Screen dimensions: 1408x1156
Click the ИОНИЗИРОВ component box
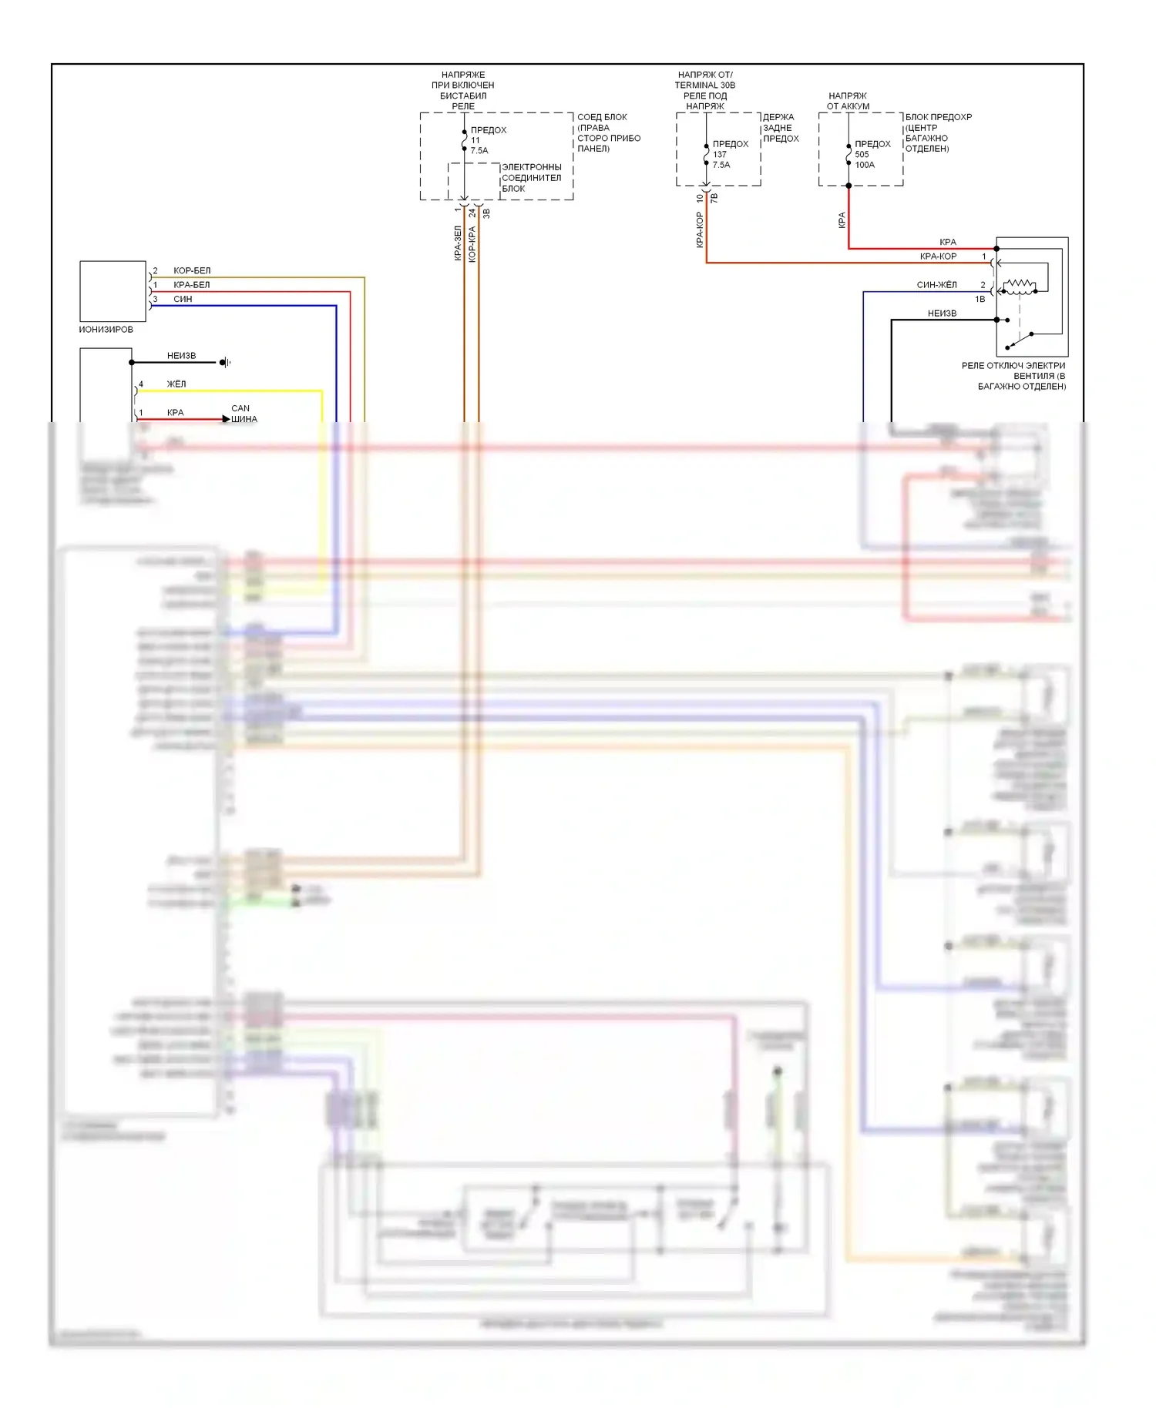coord(113,291)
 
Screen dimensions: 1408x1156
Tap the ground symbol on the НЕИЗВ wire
coord(224,362)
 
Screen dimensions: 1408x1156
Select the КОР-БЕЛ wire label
coord(192,270)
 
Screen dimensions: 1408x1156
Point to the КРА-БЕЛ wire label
coord(192,285)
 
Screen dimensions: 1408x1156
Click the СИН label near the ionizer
coord(183,299)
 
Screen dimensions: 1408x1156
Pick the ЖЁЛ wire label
coord(176,384)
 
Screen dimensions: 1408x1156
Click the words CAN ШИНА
coord(244,414)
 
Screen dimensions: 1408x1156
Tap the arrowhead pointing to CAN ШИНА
coord(226,419)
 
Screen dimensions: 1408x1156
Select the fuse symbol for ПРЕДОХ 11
coord(464,140)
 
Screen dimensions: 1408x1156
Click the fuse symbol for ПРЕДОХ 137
coord(706,154)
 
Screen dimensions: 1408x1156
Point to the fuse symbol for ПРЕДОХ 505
coord(849,154)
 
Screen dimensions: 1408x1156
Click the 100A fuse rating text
coord(865,165)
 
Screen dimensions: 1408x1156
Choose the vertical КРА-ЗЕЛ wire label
coord(458,243)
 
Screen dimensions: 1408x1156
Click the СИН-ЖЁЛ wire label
coord(936,285)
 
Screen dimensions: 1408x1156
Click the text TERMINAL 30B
coord(704,85)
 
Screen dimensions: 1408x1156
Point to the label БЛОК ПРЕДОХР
coord(939,117)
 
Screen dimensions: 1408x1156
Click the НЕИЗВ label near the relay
coord(942,313)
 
